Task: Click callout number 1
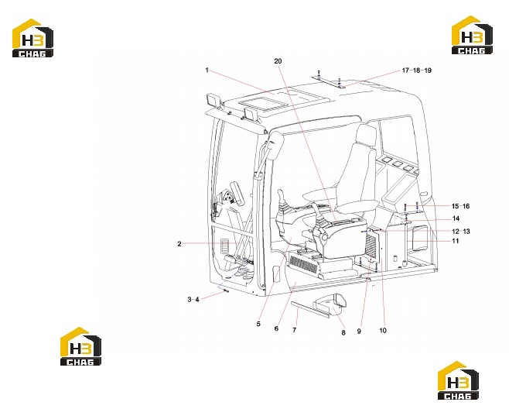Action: (207, 70)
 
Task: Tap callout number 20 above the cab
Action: (278, 61)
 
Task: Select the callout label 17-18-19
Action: (417, 70)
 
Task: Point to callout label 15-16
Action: (460, 206)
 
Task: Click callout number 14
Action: (456, 218)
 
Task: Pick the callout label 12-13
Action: (461, 232)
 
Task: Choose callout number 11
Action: (456, 241)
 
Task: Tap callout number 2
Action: (179, 244)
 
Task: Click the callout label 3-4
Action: (193, 300)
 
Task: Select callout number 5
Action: (258, 324)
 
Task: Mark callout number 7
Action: (295, 330)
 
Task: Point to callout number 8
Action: (343, 332)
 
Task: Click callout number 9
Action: (359, 332)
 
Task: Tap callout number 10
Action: (383, 330)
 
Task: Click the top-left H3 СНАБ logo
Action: (32, 39)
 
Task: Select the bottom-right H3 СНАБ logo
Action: (458, 380)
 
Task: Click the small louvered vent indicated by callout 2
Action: (225, 246)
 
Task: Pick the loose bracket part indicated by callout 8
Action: (330, 304)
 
